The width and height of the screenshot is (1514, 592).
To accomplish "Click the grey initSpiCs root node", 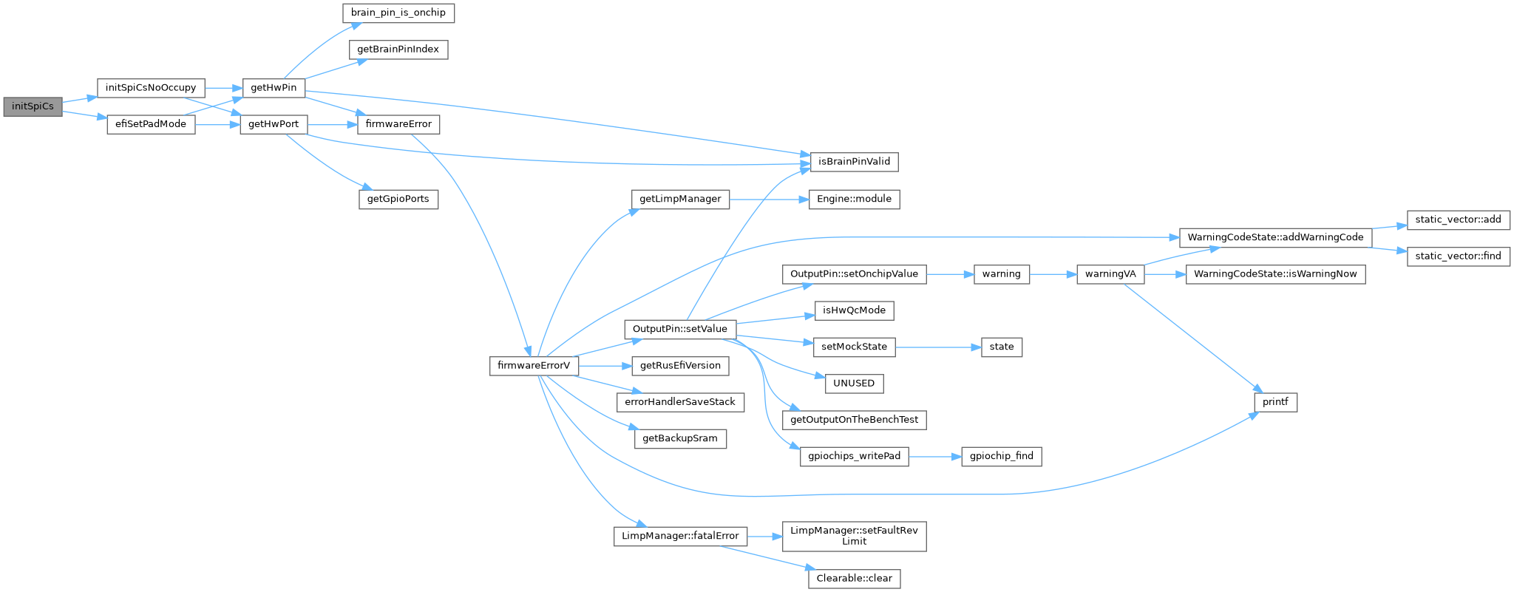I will click(33, 106).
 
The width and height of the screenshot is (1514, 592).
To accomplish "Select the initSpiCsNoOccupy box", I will click(151, 88).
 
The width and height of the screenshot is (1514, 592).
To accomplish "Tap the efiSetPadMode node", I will click(151, 124).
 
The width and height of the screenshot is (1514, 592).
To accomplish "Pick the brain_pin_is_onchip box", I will click(398, 13).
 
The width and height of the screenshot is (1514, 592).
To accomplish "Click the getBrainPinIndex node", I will click(398, 50).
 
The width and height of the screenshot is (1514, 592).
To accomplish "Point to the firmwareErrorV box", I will click(533, 366).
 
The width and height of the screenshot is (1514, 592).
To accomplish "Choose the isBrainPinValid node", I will click(854, 162).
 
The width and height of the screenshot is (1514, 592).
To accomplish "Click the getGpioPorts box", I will click(398, 200).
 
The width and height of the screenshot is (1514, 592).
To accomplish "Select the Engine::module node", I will click(854, 200).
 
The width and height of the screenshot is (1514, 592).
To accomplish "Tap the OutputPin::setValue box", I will click(680, 329).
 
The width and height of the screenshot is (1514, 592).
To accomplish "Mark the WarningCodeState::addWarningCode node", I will click(1275, 238).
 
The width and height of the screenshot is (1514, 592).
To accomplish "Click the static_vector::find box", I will click(1458, 256).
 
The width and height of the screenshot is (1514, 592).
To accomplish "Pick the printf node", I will click(1275, 403).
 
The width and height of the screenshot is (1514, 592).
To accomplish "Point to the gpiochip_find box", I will click(1002, 457).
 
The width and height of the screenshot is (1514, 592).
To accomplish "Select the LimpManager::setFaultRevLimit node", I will click(854, 536).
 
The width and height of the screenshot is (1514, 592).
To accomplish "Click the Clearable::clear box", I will click(854, 579).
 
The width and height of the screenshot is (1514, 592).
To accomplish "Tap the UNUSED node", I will click(854, 384).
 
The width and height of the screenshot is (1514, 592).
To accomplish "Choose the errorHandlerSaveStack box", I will click(680, 402).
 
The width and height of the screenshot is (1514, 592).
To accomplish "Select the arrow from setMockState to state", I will click(938, 347).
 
